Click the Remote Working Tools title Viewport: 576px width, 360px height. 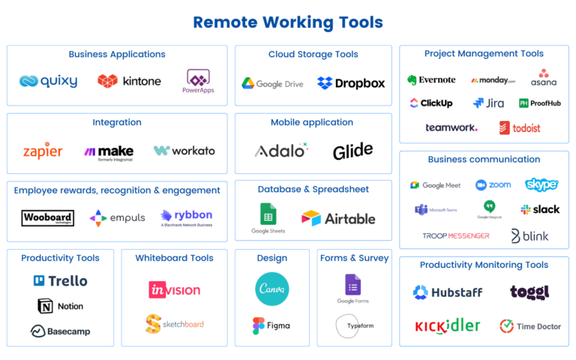click(287, 22)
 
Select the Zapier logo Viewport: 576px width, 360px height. click(43, 151)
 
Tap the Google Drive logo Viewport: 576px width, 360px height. click(271, 82)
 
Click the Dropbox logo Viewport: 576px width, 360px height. click(351, 82)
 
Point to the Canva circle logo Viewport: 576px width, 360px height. click(272, 289)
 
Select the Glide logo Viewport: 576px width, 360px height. click(353, 151)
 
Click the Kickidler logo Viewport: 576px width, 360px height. click(448, 326)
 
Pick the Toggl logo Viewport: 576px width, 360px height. click(529, 292)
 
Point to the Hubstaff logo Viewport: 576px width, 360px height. click(448, 292)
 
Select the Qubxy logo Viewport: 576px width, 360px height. click(49, 81)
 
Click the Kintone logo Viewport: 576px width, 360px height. click(128, 81)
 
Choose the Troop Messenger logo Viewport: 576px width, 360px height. click(457, 235)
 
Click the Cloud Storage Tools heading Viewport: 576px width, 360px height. click(313, 54)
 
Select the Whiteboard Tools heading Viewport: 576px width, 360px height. click(174, 258)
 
